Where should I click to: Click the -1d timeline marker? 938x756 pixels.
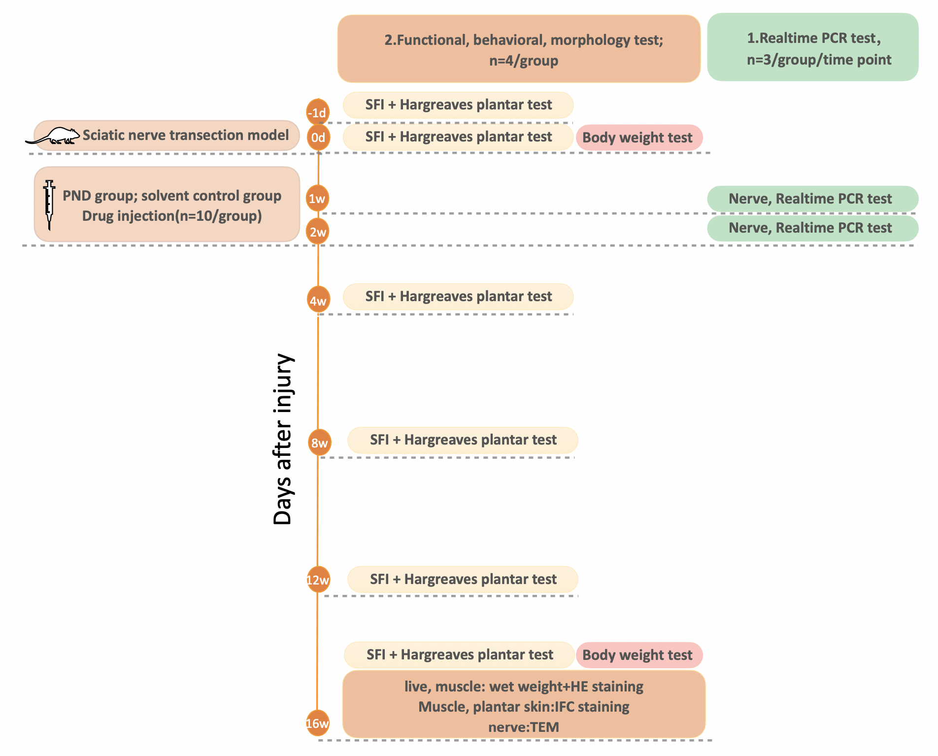point(318,112)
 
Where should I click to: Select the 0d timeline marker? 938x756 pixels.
point(318,137)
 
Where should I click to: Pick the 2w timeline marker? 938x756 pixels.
point(318,232)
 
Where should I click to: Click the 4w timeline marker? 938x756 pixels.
point(318,300)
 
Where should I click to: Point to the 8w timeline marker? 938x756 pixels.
point(319,442)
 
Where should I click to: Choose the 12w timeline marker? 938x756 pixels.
point(318,580)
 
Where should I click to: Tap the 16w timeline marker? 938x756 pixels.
point(318,723)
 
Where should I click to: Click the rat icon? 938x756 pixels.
point(53,136)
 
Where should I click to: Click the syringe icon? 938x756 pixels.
point(49,205)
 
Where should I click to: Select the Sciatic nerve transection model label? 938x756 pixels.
point(185,135)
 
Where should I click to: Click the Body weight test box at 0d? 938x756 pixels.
point(639,137)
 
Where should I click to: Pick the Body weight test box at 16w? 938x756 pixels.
point(639,655)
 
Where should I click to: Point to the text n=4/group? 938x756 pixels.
point(523,61)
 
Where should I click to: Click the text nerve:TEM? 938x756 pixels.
point(523,727)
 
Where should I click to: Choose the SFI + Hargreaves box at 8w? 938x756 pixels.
point(463,440)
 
